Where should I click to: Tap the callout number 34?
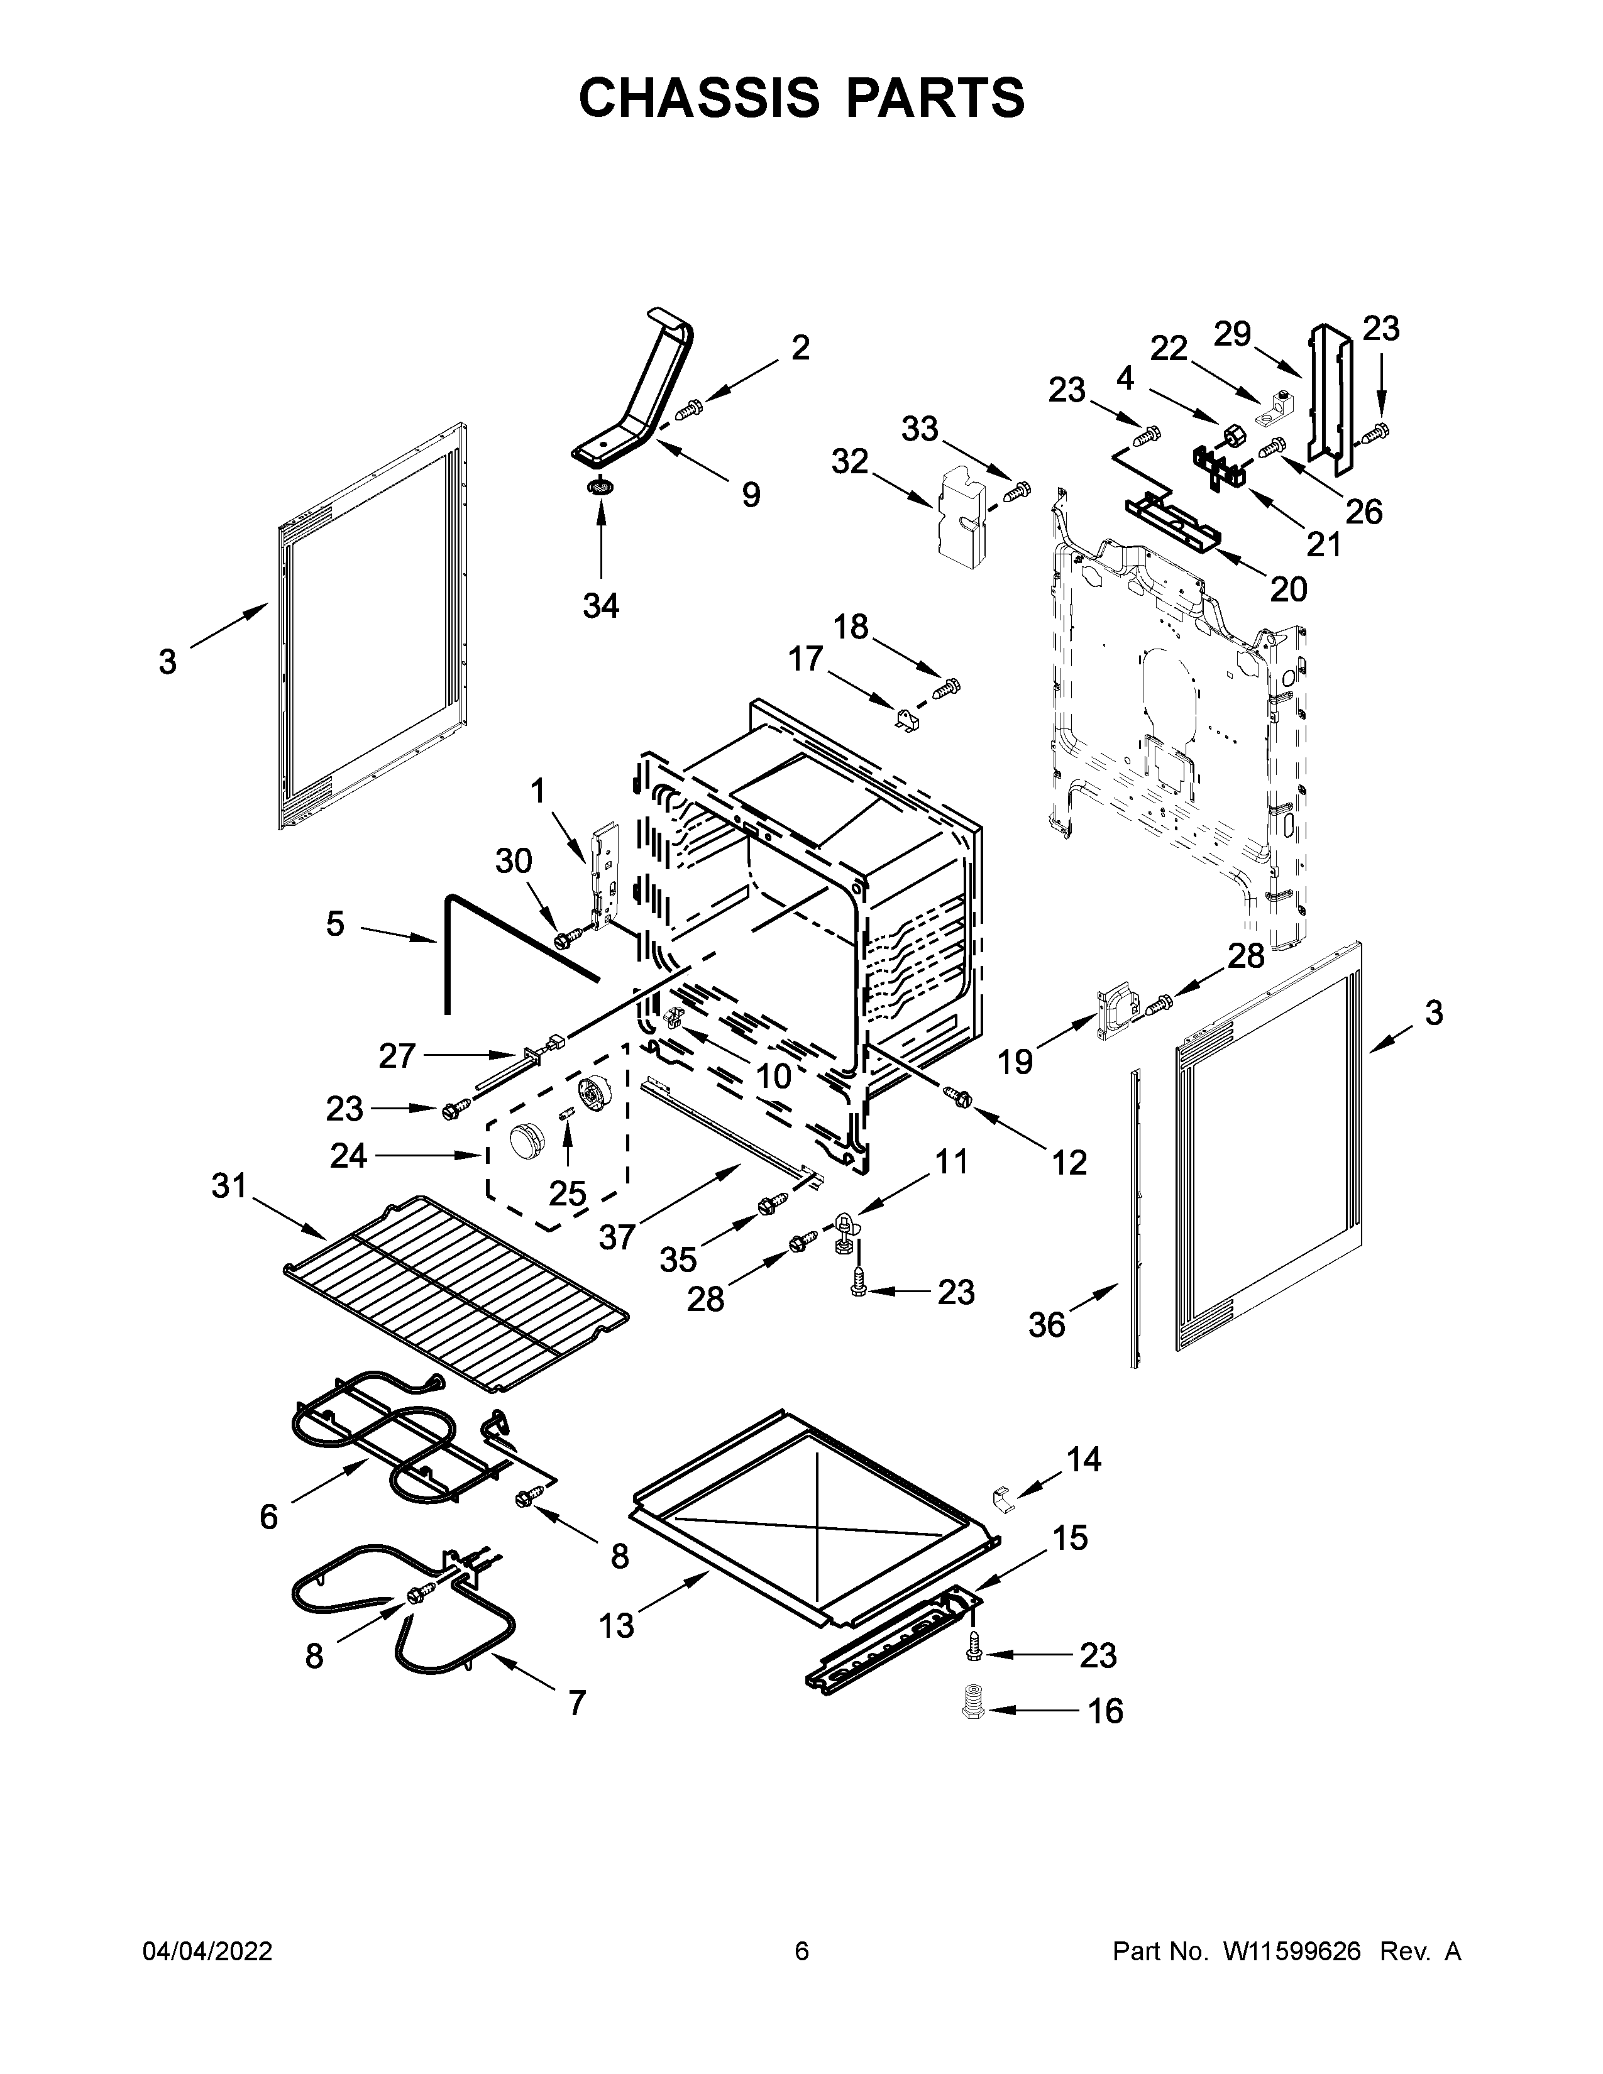tap(601, 604)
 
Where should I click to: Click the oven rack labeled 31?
tap(456, 1296)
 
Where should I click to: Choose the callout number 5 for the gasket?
tap(335, 923)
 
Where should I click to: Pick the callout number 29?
tap(1233, 334)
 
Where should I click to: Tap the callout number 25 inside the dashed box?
tap(567, 1193)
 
